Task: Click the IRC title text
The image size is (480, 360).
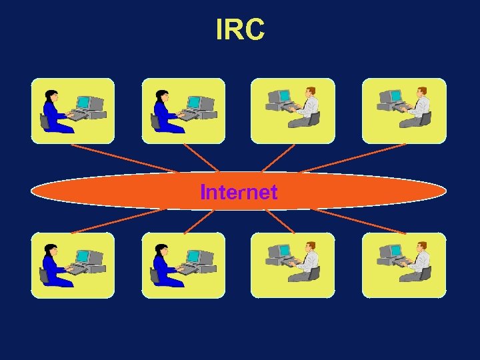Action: coord(240,29)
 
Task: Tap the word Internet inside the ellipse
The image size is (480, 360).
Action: coord(239,193)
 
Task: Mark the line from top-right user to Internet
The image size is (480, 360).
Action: coord(353,158)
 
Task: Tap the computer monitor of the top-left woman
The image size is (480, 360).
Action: coord(83,102)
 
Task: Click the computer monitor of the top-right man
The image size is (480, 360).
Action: coord(393,97)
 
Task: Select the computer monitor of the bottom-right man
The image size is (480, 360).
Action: coord(393,251)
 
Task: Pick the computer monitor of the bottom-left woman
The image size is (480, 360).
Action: coord(83,257)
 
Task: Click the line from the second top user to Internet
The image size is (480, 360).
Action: coord(200,158)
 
